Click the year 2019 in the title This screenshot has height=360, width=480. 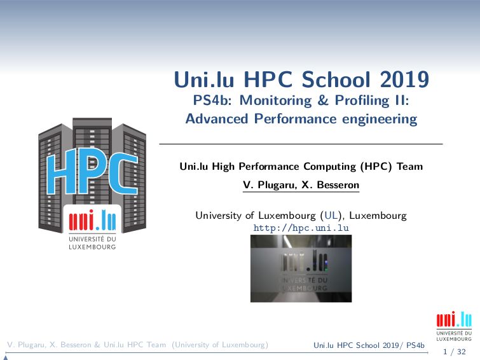click(405, 80)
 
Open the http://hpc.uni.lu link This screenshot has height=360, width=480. click(301, 228)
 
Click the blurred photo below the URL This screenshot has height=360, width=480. click(301, 268)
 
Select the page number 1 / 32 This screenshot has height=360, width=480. click(453, 351)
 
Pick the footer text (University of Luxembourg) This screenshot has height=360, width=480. click(221, 345)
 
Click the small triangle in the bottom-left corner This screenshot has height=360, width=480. click(5, 357)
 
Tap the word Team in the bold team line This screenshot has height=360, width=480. click(409, 167)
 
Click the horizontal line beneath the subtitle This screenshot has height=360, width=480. click(301, 144)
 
